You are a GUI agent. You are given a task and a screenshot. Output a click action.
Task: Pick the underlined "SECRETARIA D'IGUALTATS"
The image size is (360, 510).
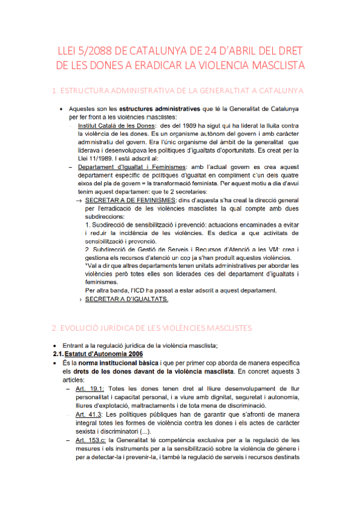click(127, 299)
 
